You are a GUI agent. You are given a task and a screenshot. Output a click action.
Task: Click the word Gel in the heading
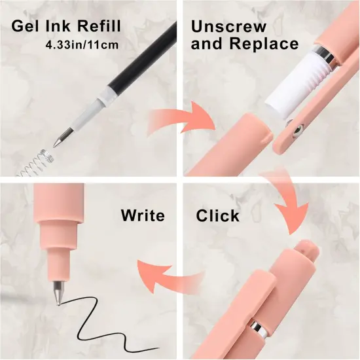(x=26, y=26)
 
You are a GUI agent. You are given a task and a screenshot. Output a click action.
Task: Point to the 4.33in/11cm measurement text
(x=82, y=45)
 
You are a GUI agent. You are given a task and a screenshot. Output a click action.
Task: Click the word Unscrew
(x=228, y=27)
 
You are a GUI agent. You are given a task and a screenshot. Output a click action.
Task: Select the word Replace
(x=264, y=43)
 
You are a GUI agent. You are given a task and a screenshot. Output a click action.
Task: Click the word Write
(x=143, y=215)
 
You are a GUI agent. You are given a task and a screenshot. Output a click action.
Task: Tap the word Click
(x=218, y=215)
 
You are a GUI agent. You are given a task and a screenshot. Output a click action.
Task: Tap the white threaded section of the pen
(x=298, y=82)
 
